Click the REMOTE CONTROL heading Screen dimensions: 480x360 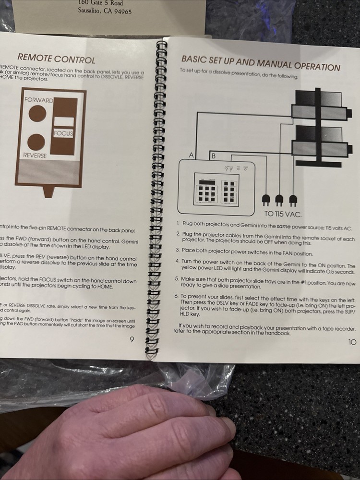(x=57, y=59)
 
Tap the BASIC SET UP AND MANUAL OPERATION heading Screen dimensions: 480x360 (x=260, y=63)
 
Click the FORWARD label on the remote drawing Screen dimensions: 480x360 (x=38, y=101)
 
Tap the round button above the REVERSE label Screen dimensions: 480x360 (x=36, y=142)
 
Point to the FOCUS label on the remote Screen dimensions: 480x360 (x=63, y=133)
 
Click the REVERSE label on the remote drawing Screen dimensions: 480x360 (x=35, y=156)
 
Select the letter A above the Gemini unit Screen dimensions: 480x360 (x=192, y=156)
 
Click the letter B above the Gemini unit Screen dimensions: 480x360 (x=214, y=156)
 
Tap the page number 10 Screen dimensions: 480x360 (x=352, y=342)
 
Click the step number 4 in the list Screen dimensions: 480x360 (x=177, y=261)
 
